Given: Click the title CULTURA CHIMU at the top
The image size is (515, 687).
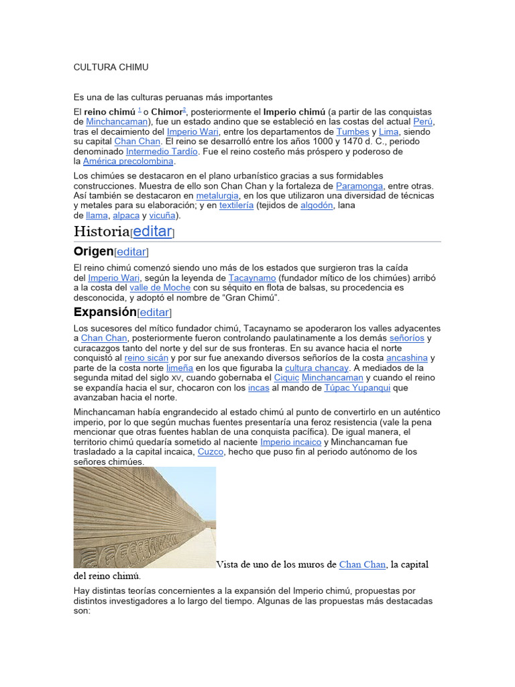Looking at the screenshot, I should pyautogui.click(x=111, y=68).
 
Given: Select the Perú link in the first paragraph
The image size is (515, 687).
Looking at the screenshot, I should pyautogui.click(x=423, y=121).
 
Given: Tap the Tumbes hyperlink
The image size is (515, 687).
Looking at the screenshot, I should pyautogui.click(x=353, y=131).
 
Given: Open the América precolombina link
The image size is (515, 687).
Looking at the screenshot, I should pyautogui.click(x=128, y=162).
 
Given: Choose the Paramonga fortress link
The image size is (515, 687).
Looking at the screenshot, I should pyautogui.click(x=359, y=186).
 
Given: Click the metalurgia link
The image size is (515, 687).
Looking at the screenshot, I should pyautogui.click(x=217, y=196).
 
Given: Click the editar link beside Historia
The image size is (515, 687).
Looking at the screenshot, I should pyautogui.click(x=153, y=231).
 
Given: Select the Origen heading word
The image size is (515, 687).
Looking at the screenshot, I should pyautogui.click(x=93, y=252).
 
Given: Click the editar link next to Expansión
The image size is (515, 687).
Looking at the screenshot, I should pyautogui.click(x=154, y=313).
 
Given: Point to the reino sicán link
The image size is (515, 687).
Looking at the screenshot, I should pyautogui.click(x=146, y=358).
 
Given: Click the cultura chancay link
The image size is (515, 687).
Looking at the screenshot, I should pyautogui.click(x=317, y=368).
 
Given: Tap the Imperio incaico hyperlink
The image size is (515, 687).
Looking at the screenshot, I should pyautogui.click(x=290, y=442).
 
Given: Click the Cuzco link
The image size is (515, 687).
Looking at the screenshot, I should pyautogui.click(x=210, y=452).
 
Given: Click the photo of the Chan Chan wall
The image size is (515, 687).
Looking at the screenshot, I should pyautogui.click(x=144, y=517).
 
